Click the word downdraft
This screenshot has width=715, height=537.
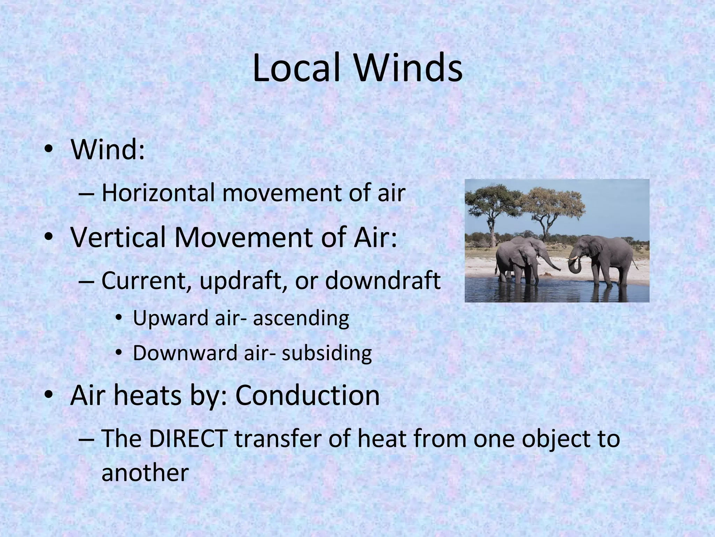(383, 280)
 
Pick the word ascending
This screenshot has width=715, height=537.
(301, 319)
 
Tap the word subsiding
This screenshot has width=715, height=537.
(327, 353)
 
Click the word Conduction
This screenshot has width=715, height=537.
(307, 396)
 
